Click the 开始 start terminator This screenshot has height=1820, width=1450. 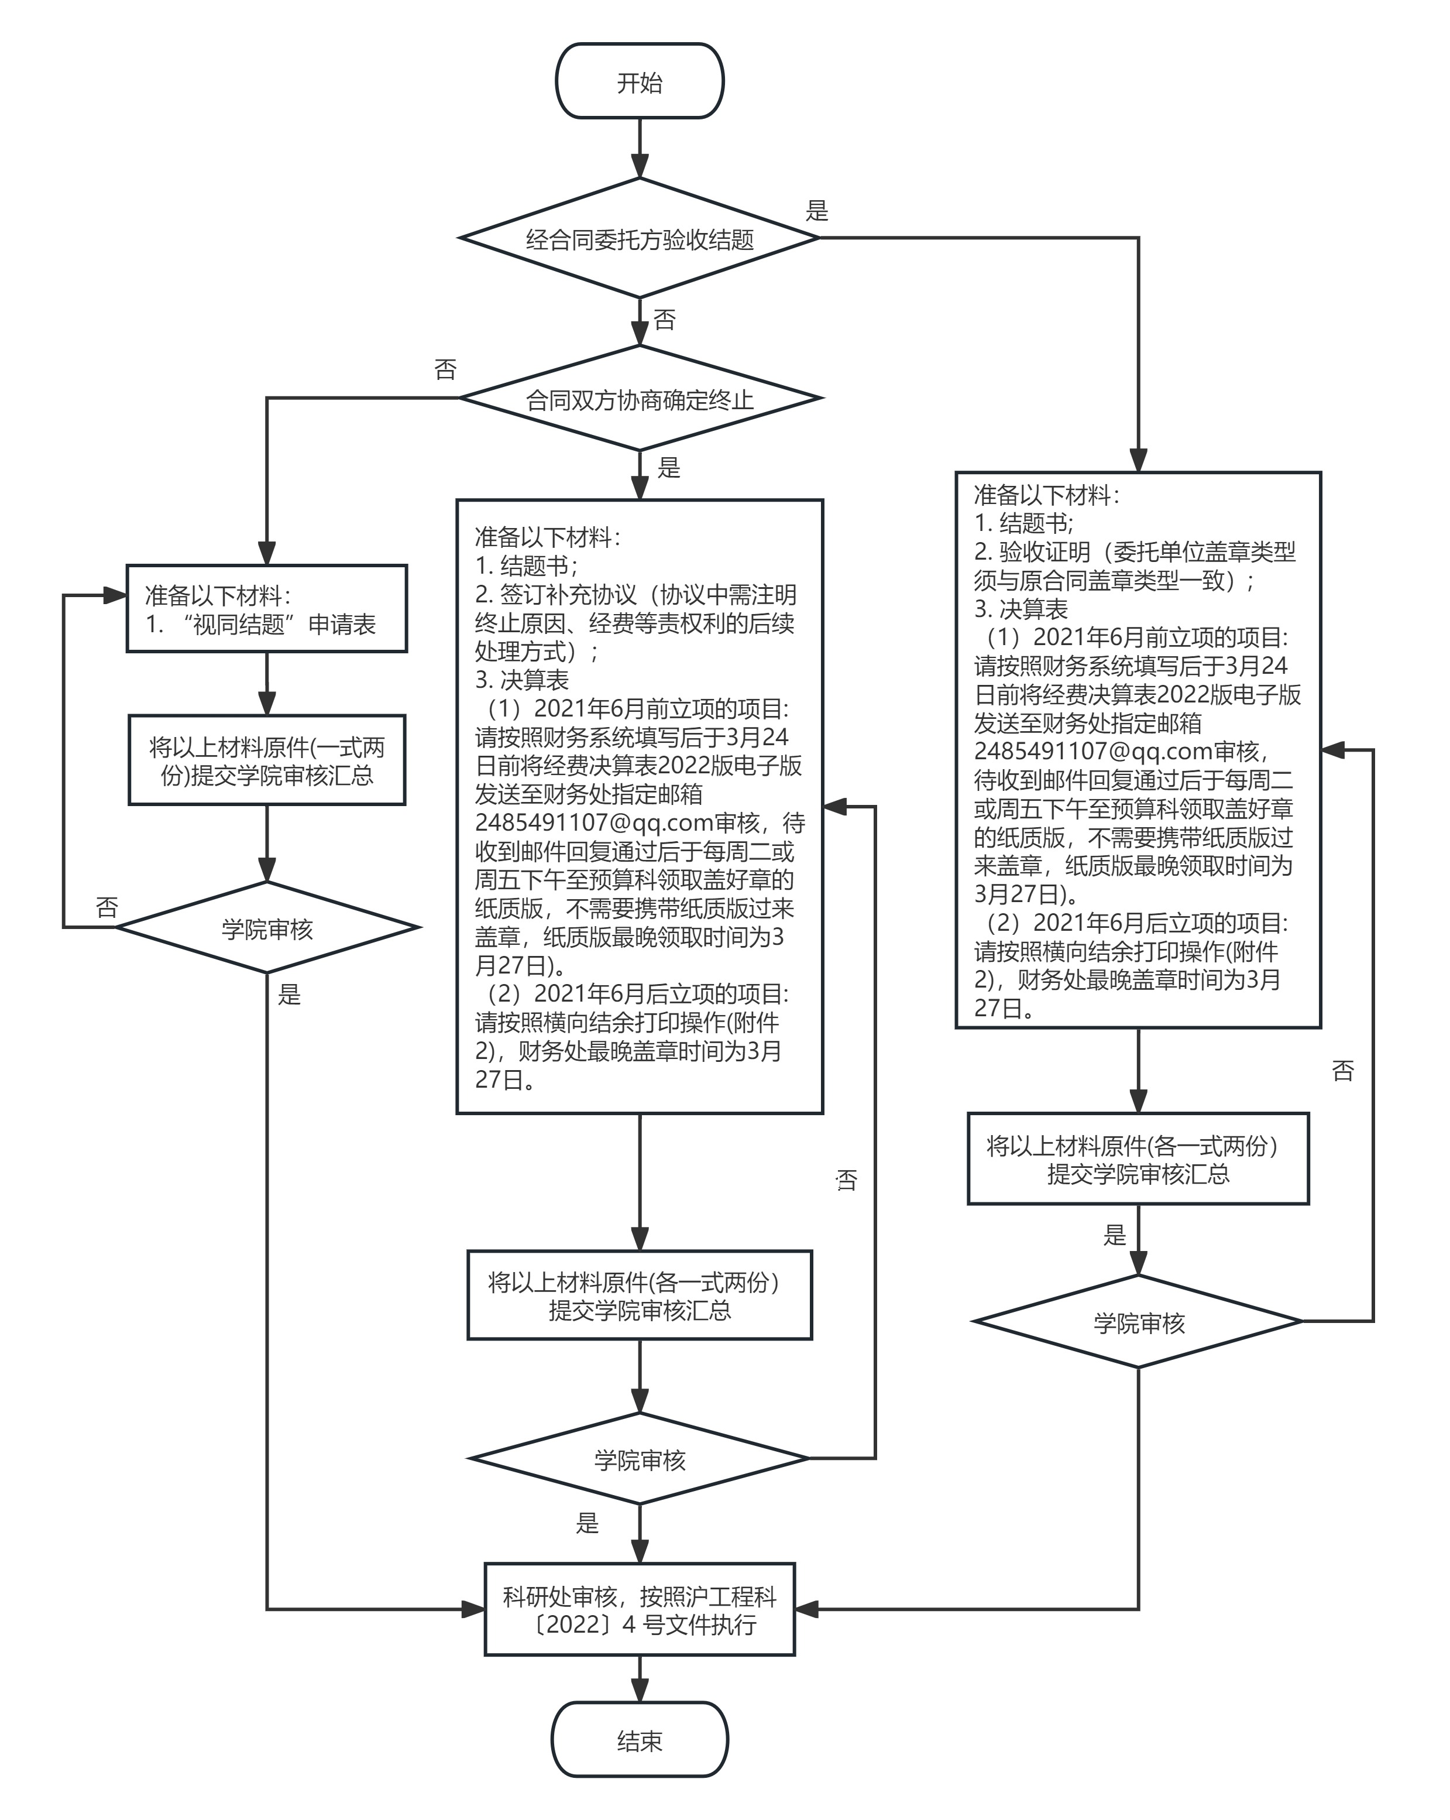pos(640,82)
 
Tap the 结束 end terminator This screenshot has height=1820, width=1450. pos(640,1740)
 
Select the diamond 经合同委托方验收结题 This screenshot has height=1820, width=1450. pos(640,239)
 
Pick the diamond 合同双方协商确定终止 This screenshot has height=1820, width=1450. pos(640,399)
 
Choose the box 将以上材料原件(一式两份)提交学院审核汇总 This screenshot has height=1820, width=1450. pos(267,760)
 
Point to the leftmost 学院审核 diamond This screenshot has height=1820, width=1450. pos(267,928)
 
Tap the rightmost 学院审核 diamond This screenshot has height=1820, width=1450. pos(1139,1323)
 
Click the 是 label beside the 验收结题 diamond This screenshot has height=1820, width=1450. pos(817,210)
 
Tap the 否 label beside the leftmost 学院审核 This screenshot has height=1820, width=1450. pos(107,907)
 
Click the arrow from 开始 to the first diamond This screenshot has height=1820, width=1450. pos(640,148)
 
